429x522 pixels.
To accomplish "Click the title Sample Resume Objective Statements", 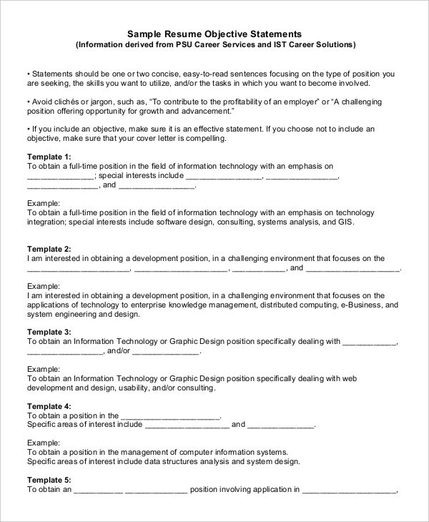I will point(214,34).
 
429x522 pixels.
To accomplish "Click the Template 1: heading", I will point(49,156).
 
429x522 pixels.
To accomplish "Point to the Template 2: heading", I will point(49,249).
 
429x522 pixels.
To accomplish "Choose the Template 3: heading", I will point(49,332).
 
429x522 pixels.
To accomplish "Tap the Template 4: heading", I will point(49,406).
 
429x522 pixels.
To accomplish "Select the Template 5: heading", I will point(49,480).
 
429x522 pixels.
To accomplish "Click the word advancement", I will point(207,110).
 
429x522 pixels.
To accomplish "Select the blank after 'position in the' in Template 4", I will point(171,415).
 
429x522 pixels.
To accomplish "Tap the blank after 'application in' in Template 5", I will point(349,490).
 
